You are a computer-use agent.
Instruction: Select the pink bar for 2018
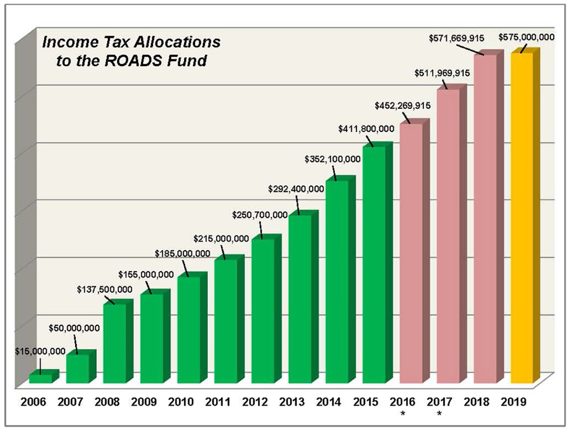point(485,219)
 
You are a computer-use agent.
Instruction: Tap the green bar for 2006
point(40,379)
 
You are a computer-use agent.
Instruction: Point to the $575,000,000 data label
point(526,37)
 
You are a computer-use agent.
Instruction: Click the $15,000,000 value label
point(40,351)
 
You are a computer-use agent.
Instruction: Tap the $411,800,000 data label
point(366,129)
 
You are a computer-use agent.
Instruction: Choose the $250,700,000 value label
point(260,215)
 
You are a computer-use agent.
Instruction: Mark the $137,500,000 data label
point(105,290)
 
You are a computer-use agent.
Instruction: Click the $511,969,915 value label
point(442,73)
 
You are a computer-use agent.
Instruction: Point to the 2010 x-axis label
point(181,402)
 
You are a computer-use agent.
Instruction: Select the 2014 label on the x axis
point(329,402)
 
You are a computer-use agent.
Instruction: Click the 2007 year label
point(70,402)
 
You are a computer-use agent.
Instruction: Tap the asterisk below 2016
point(403,414)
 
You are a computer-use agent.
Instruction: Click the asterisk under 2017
point(439,414)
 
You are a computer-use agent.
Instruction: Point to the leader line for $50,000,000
point(76,345)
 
